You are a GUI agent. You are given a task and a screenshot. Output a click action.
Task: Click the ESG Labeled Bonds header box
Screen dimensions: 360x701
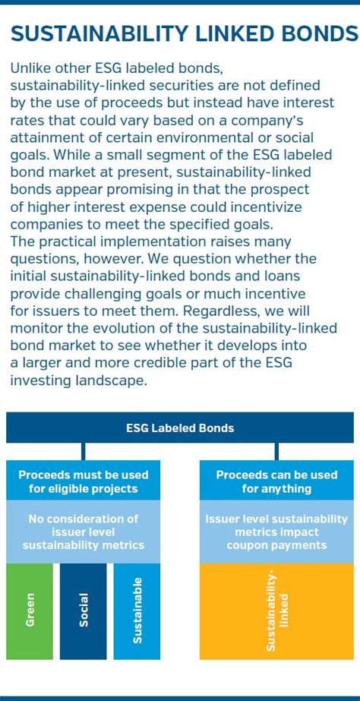[x=180, y=428]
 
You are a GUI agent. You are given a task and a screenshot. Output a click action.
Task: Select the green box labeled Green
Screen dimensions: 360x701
[x=30, y=611]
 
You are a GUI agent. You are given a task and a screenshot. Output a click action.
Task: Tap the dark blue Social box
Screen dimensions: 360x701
[x=84, y=611]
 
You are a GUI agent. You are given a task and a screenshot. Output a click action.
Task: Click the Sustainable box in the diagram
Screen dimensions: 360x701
[x=137, y=611]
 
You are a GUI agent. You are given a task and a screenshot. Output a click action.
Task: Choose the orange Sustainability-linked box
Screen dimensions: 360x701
[x=276, y=611]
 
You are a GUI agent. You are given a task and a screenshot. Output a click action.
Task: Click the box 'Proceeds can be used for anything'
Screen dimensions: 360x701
[x=276, y=481]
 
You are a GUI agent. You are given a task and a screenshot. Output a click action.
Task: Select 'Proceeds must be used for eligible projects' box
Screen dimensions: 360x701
[x=84, y=481]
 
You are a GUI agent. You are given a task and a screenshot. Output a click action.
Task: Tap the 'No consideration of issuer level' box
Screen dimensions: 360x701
[x=84, y=532]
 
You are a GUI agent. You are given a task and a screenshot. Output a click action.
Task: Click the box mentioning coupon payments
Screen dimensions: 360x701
[x=276, y=532]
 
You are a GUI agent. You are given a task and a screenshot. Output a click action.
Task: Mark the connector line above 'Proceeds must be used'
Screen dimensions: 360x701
[x=84, y=452]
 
